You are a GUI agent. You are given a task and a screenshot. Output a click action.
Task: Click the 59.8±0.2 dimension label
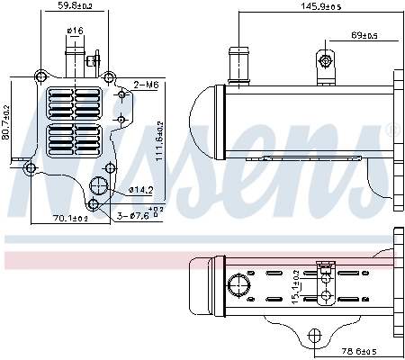[x=76, y=6]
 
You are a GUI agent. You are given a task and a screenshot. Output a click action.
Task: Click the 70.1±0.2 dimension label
[x=69, y=218]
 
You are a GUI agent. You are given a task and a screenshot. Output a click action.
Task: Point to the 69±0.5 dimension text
[x=364, y=36]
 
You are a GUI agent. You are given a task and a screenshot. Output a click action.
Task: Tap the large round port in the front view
[x=99, y=187]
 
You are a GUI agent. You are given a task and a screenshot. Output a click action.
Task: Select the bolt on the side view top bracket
[x=323, y=61]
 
